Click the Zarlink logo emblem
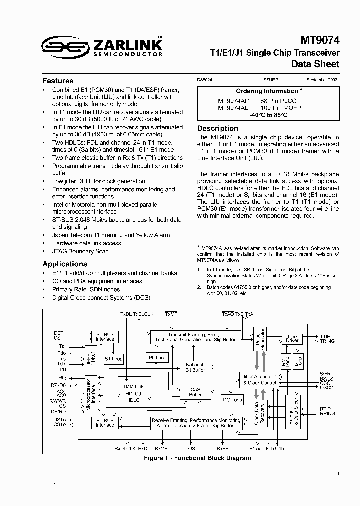coord(64,46)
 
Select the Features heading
coord(58,81)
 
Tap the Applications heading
coord(65,264)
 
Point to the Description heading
coord(218,128)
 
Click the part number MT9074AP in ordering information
coord(233,101)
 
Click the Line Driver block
coord(293,339)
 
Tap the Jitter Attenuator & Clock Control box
coord(259,379)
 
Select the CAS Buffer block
coord(195,392)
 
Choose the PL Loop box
coord(157,358)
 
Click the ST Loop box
coord(113,359)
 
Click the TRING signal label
coord(327,341)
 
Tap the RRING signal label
coord(328,414)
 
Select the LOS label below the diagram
coord(190,448)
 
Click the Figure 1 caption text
coord(197,458)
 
